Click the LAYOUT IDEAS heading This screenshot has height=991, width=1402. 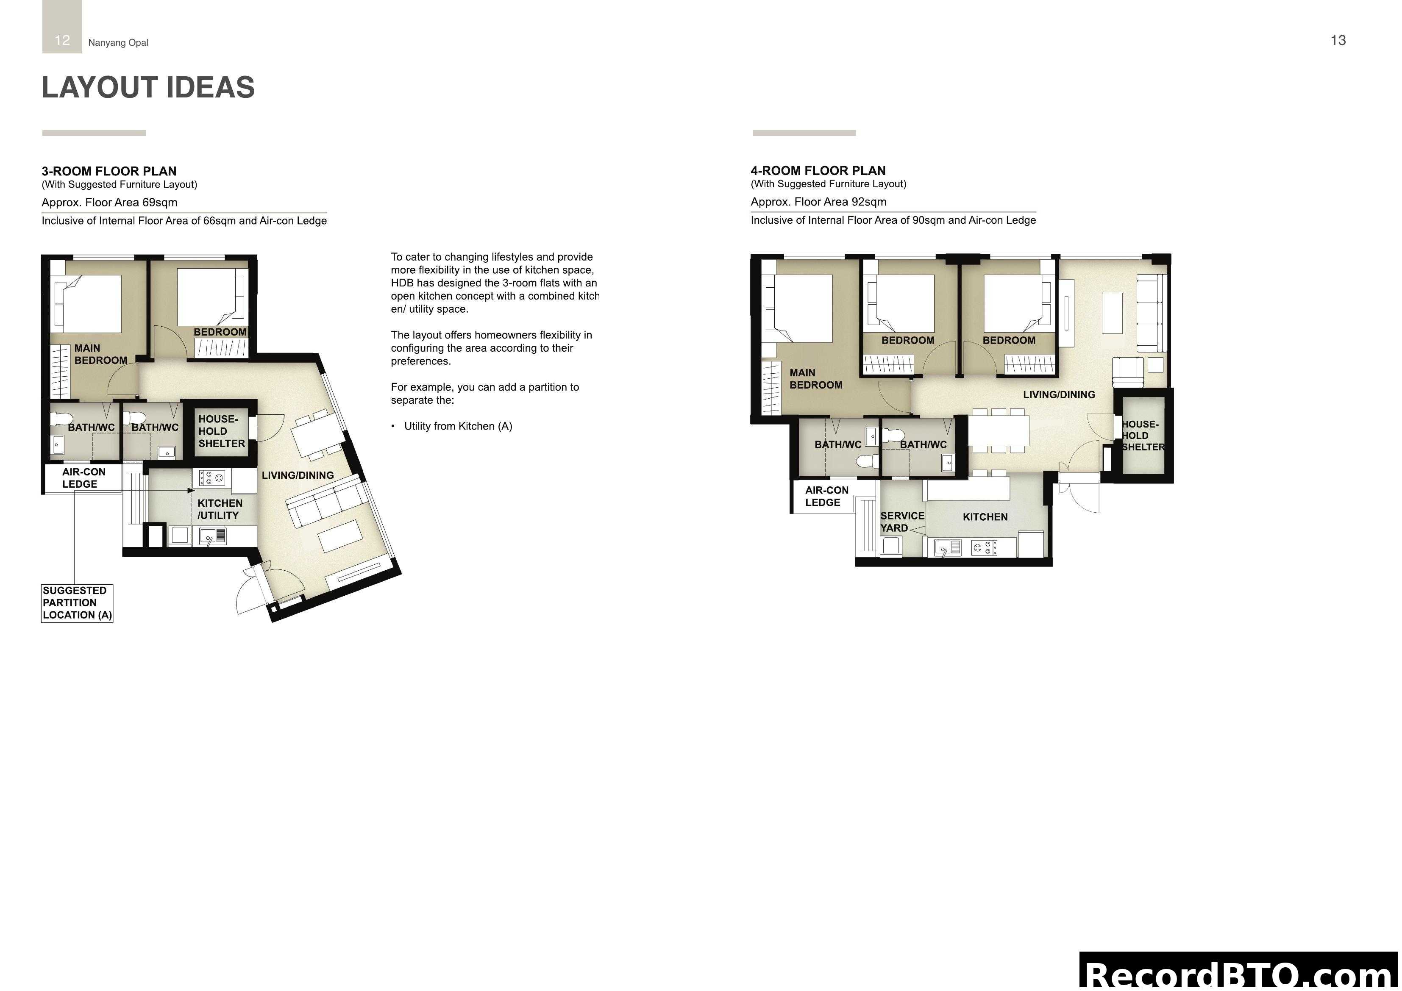tap(148, 87)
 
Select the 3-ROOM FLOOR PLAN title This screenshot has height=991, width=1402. tap(108, 171)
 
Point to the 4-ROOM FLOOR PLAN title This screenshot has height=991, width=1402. tap(818, 170)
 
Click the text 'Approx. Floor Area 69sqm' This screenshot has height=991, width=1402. tap(109, 202)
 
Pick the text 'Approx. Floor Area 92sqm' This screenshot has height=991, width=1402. tap(818, 202)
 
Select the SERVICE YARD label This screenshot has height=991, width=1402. tap(902, 522)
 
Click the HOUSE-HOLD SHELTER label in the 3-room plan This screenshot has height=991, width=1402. tap(221, 431)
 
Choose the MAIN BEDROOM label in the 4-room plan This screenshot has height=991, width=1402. tap(815, 379)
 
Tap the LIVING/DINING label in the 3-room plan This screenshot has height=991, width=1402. tap(298, 475)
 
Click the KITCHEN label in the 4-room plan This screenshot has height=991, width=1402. tap(985, 516)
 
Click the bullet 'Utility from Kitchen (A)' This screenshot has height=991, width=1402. tap(457, 426)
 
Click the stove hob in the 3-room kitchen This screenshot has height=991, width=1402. tap(212, 477)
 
